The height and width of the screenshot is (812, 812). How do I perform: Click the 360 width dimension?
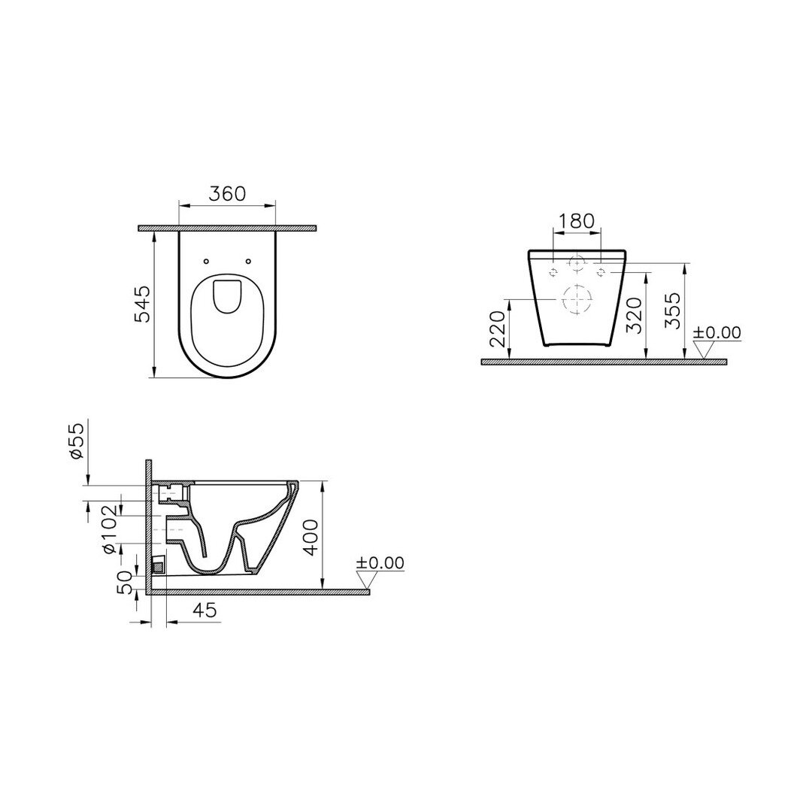click(x=227, y=194)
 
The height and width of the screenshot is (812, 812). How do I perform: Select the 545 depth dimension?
click(x=142, y=304)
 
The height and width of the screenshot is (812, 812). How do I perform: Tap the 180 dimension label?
click(x=577, y=221)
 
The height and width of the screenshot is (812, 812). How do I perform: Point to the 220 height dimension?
click(x=497, y=329)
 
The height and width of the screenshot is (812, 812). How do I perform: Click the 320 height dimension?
click(x=634, y=315)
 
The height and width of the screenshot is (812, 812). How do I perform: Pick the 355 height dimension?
click(x=673, y=311)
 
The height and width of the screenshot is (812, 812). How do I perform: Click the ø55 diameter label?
click(x=76, y=441)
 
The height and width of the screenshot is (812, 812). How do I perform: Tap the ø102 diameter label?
click(x=109, y=529)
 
